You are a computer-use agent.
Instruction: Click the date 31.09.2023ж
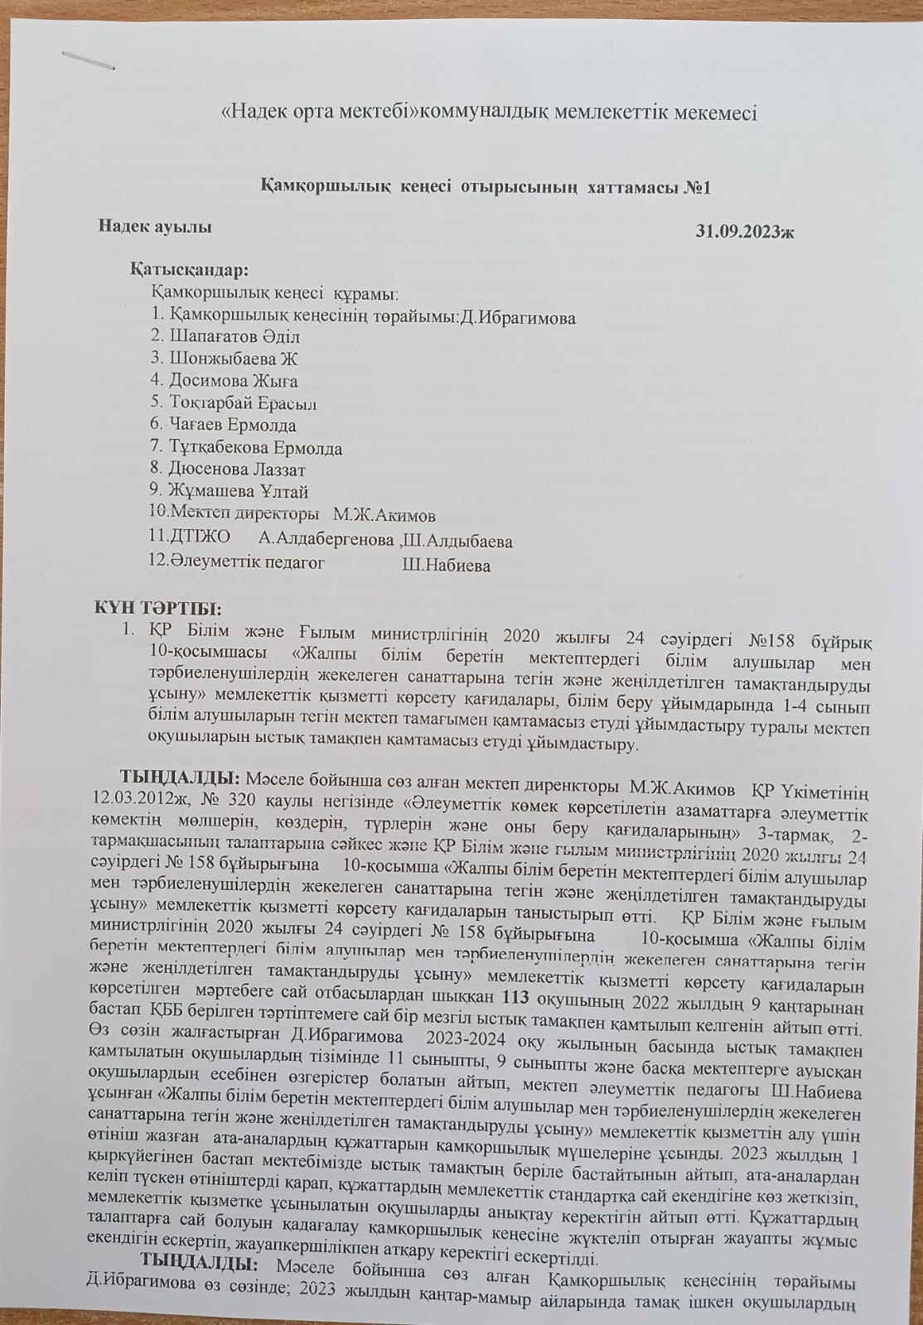pyautogui.click(x=745, y=231)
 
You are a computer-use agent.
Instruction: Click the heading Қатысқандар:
pyautogui.click(x=189, y=271)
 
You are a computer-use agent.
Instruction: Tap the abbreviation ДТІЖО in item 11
pyautogui.click(x=200, y=538)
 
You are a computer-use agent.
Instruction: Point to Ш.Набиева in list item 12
pyautogui.click(x=446, y=566)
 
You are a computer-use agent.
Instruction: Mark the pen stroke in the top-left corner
pyautogui.click(x=87, y=59)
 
